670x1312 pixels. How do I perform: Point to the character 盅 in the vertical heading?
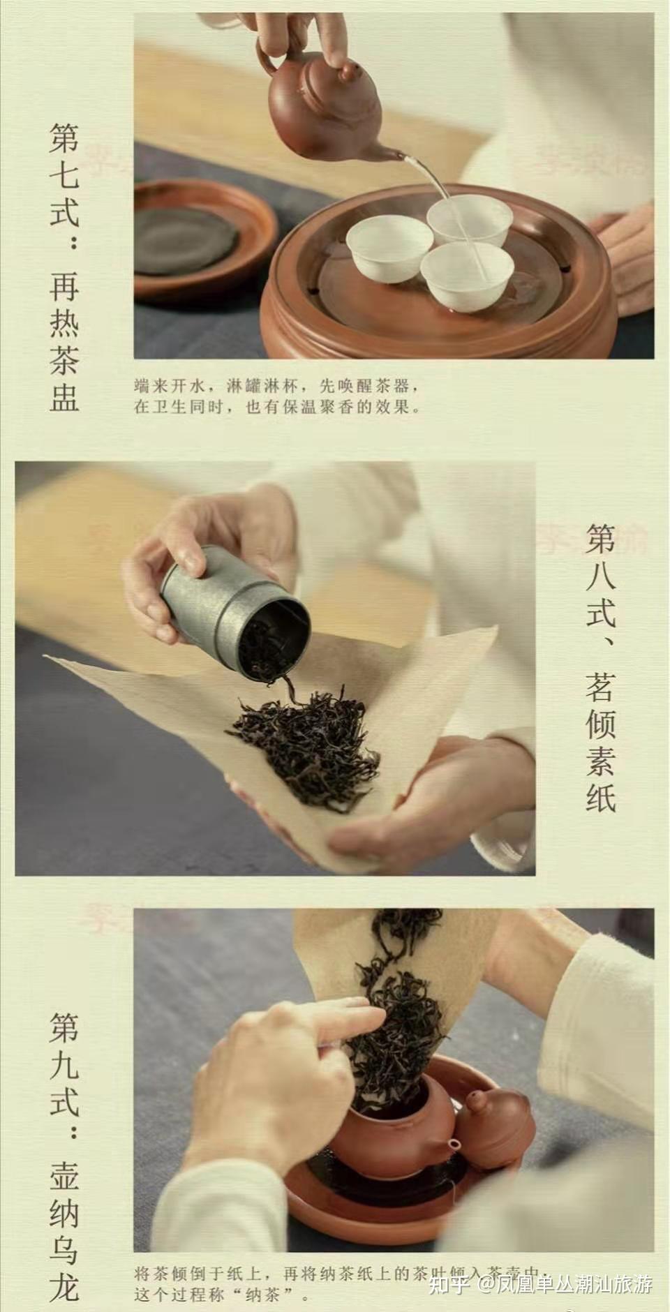pos(64,394)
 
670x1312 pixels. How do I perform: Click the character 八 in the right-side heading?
pos(601,576)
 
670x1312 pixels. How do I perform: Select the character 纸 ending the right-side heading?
pos(601,796)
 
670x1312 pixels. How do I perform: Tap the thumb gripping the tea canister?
pos(188,558)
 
